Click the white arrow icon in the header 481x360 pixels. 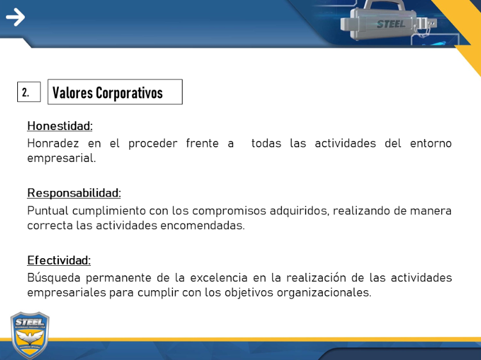click(x=15, y=17)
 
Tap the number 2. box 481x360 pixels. click(x=29, y=92)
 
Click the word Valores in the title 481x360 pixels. click(x=72, y=93)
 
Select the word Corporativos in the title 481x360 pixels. click(x=129, y=93)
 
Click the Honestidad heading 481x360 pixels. click(x=60, y=126)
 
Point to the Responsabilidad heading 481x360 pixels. click(x=74, y=193)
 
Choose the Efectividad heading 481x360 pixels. click(x=59, y=260)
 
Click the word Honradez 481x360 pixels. click(x=53, y=143)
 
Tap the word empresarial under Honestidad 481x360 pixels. click(x=61, y=158)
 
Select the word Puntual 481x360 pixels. click(x=47, y=211)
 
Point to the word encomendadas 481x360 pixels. click(x=202, y=225)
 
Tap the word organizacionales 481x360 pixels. click(x=324, y=293)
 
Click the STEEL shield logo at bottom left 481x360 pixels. click(x=29, y=335)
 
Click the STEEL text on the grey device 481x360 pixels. click(x=391, y=24)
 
